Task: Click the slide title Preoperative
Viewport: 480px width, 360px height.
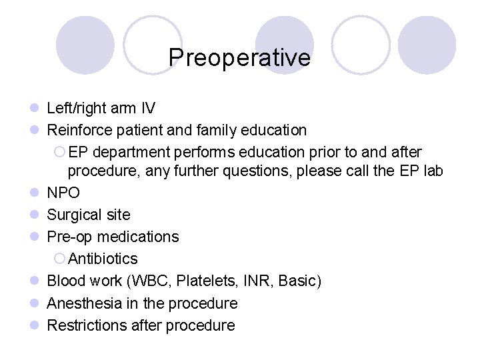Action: (x=239, y=57)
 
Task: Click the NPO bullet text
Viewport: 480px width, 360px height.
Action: (x=63, y=193)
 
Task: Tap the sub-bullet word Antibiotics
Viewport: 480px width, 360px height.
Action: (x=103, y=259)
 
